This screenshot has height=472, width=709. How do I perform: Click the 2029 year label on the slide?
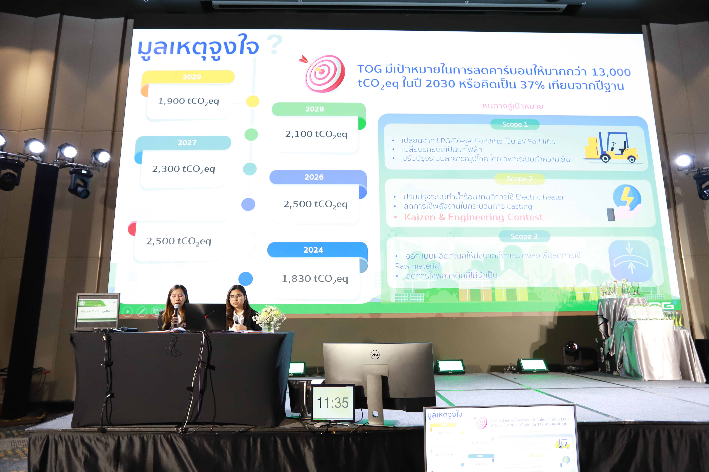(x=192, y=77)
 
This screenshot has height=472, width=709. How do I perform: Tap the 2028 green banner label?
(x=314, y=109)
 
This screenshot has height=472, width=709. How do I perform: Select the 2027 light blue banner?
(x=187, y=143)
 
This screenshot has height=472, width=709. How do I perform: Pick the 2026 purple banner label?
(x=314, y=177)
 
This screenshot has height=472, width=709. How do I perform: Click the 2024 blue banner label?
(x=313, y=250)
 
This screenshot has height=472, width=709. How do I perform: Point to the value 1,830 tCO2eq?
(x=315, y=279)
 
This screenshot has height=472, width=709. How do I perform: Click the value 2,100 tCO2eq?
(x=316, y=134)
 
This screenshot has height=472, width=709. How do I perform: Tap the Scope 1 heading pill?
(x=515, y=124)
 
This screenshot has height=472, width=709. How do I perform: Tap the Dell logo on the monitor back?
(x=375, y=355)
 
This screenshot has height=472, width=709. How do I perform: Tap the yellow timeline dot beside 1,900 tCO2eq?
(x=253, y=101)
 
